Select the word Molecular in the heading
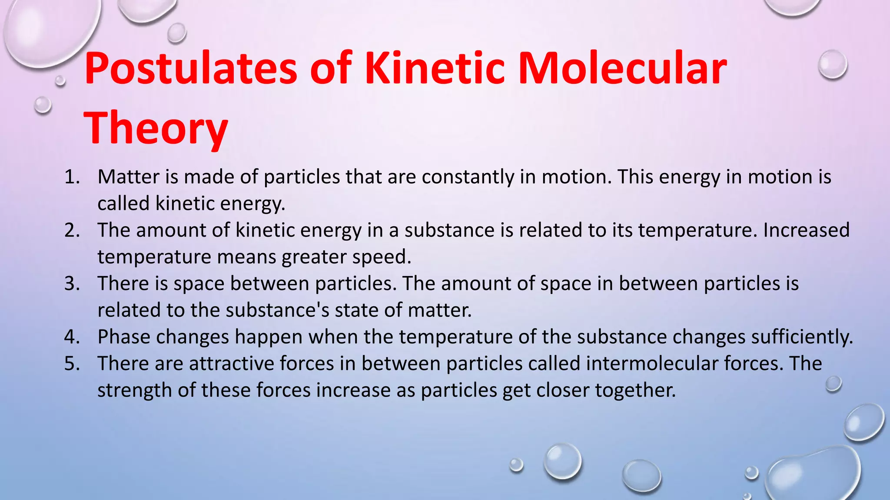(622, 69)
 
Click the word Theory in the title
(156, 128)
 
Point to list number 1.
(72, 177)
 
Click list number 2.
(72, 230)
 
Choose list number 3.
(72, 284)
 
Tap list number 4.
(72, 337)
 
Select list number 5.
(72, 364)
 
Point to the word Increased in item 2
(806, 230)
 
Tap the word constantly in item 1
(468, 177)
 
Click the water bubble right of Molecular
(832, 64)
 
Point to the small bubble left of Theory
(43, 105)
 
